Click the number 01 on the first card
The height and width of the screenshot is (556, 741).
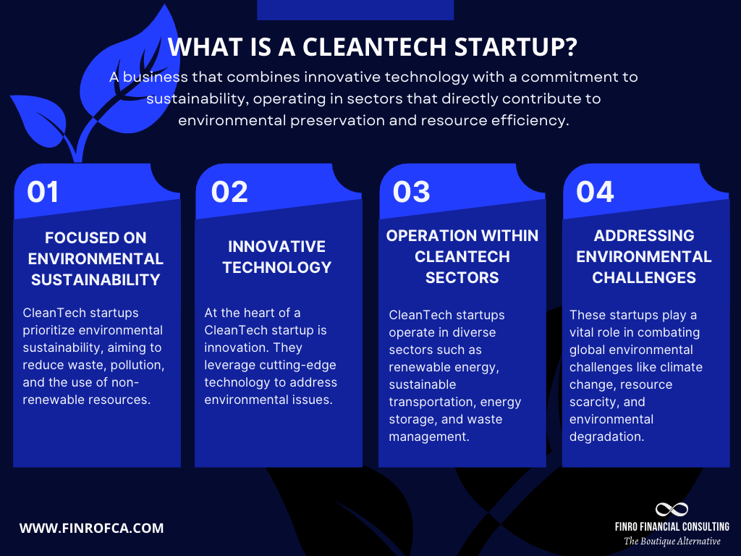click(x=43, y=192)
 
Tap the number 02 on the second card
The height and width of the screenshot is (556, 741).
click(x=229, y=192)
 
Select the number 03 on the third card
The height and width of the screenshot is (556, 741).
click(x=411, y=192)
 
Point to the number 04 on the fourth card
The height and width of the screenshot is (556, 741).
click(x=595, y=192)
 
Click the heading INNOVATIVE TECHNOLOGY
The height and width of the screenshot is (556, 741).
click(x=276, y=257)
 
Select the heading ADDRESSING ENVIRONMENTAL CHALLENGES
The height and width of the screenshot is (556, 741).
click(x=644, y=256)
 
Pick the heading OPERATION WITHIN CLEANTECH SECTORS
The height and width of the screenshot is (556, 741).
click(x=462, y=256)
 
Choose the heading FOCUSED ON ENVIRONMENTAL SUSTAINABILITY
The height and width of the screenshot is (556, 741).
click(x=95, y=258)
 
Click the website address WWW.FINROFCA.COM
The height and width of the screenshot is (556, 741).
click(x=91, y=528)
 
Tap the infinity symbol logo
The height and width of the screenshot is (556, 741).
click(x=671, y=510)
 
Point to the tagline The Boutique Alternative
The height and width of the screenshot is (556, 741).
click(x=672, y=542)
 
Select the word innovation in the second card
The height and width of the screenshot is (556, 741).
click(x=238, y=347)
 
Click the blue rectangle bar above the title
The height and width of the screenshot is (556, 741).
click(x=355, y=9)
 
